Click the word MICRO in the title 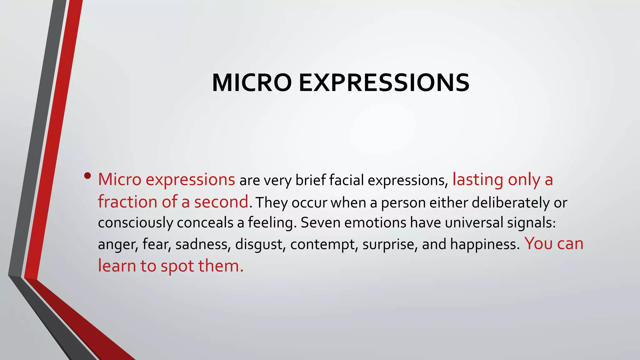(x=252, y=83)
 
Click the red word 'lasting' (x=478, y=180)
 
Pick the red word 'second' (x=221, y=202)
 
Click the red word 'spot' (x=177, y=266)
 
